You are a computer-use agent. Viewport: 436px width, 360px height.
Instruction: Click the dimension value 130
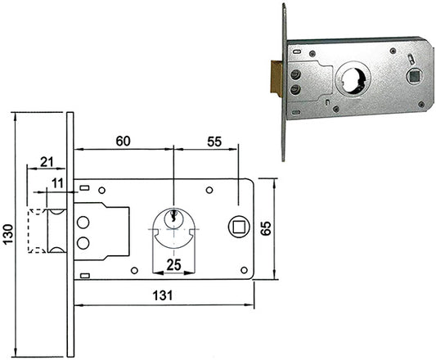point(8,234)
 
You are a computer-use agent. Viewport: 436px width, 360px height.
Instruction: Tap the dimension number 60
point(123,141)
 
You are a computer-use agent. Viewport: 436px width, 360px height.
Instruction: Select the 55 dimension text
point(214,142)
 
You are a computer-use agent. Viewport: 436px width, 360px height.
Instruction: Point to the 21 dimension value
point(47,162)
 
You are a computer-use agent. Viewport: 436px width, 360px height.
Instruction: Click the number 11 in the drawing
point(57,183)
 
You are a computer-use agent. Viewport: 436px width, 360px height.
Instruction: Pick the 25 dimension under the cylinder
point(173,264)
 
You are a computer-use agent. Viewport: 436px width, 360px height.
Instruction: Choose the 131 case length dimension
point(163,295)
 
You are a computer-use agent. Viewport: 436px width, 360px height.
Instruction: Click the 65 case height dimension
point(266,228)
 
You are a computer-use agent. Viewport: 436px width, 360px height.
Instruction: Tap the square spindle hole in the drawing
point(238,227)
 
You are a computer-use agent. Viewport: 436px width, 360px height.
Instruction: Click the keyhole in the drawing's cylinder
point(174,214)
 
